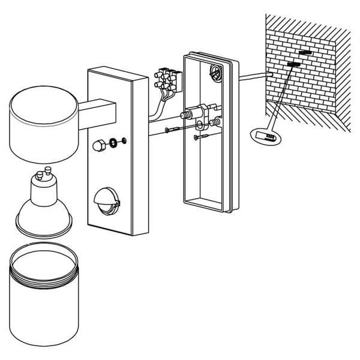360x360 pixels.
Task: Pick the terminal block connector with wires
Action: coord(167,79)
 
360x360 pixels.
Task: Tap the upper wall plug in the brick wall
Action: coord(304,53)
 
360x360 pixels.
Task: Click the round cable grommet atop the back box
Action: coord(215,73)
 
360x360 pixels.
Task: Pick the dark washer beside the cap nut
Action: coord(115,143)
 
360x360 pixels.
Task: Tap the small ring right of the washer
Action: coord(123,142)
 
